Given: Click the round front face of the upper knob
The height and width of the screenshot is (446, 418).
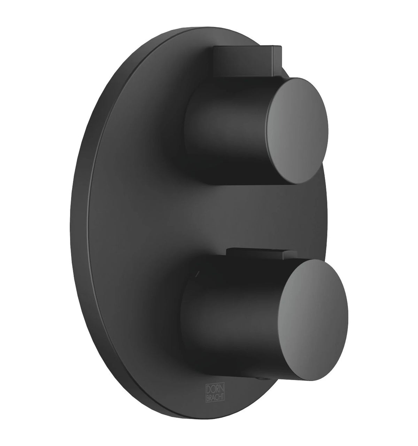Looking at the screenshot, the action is [296, 131].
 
